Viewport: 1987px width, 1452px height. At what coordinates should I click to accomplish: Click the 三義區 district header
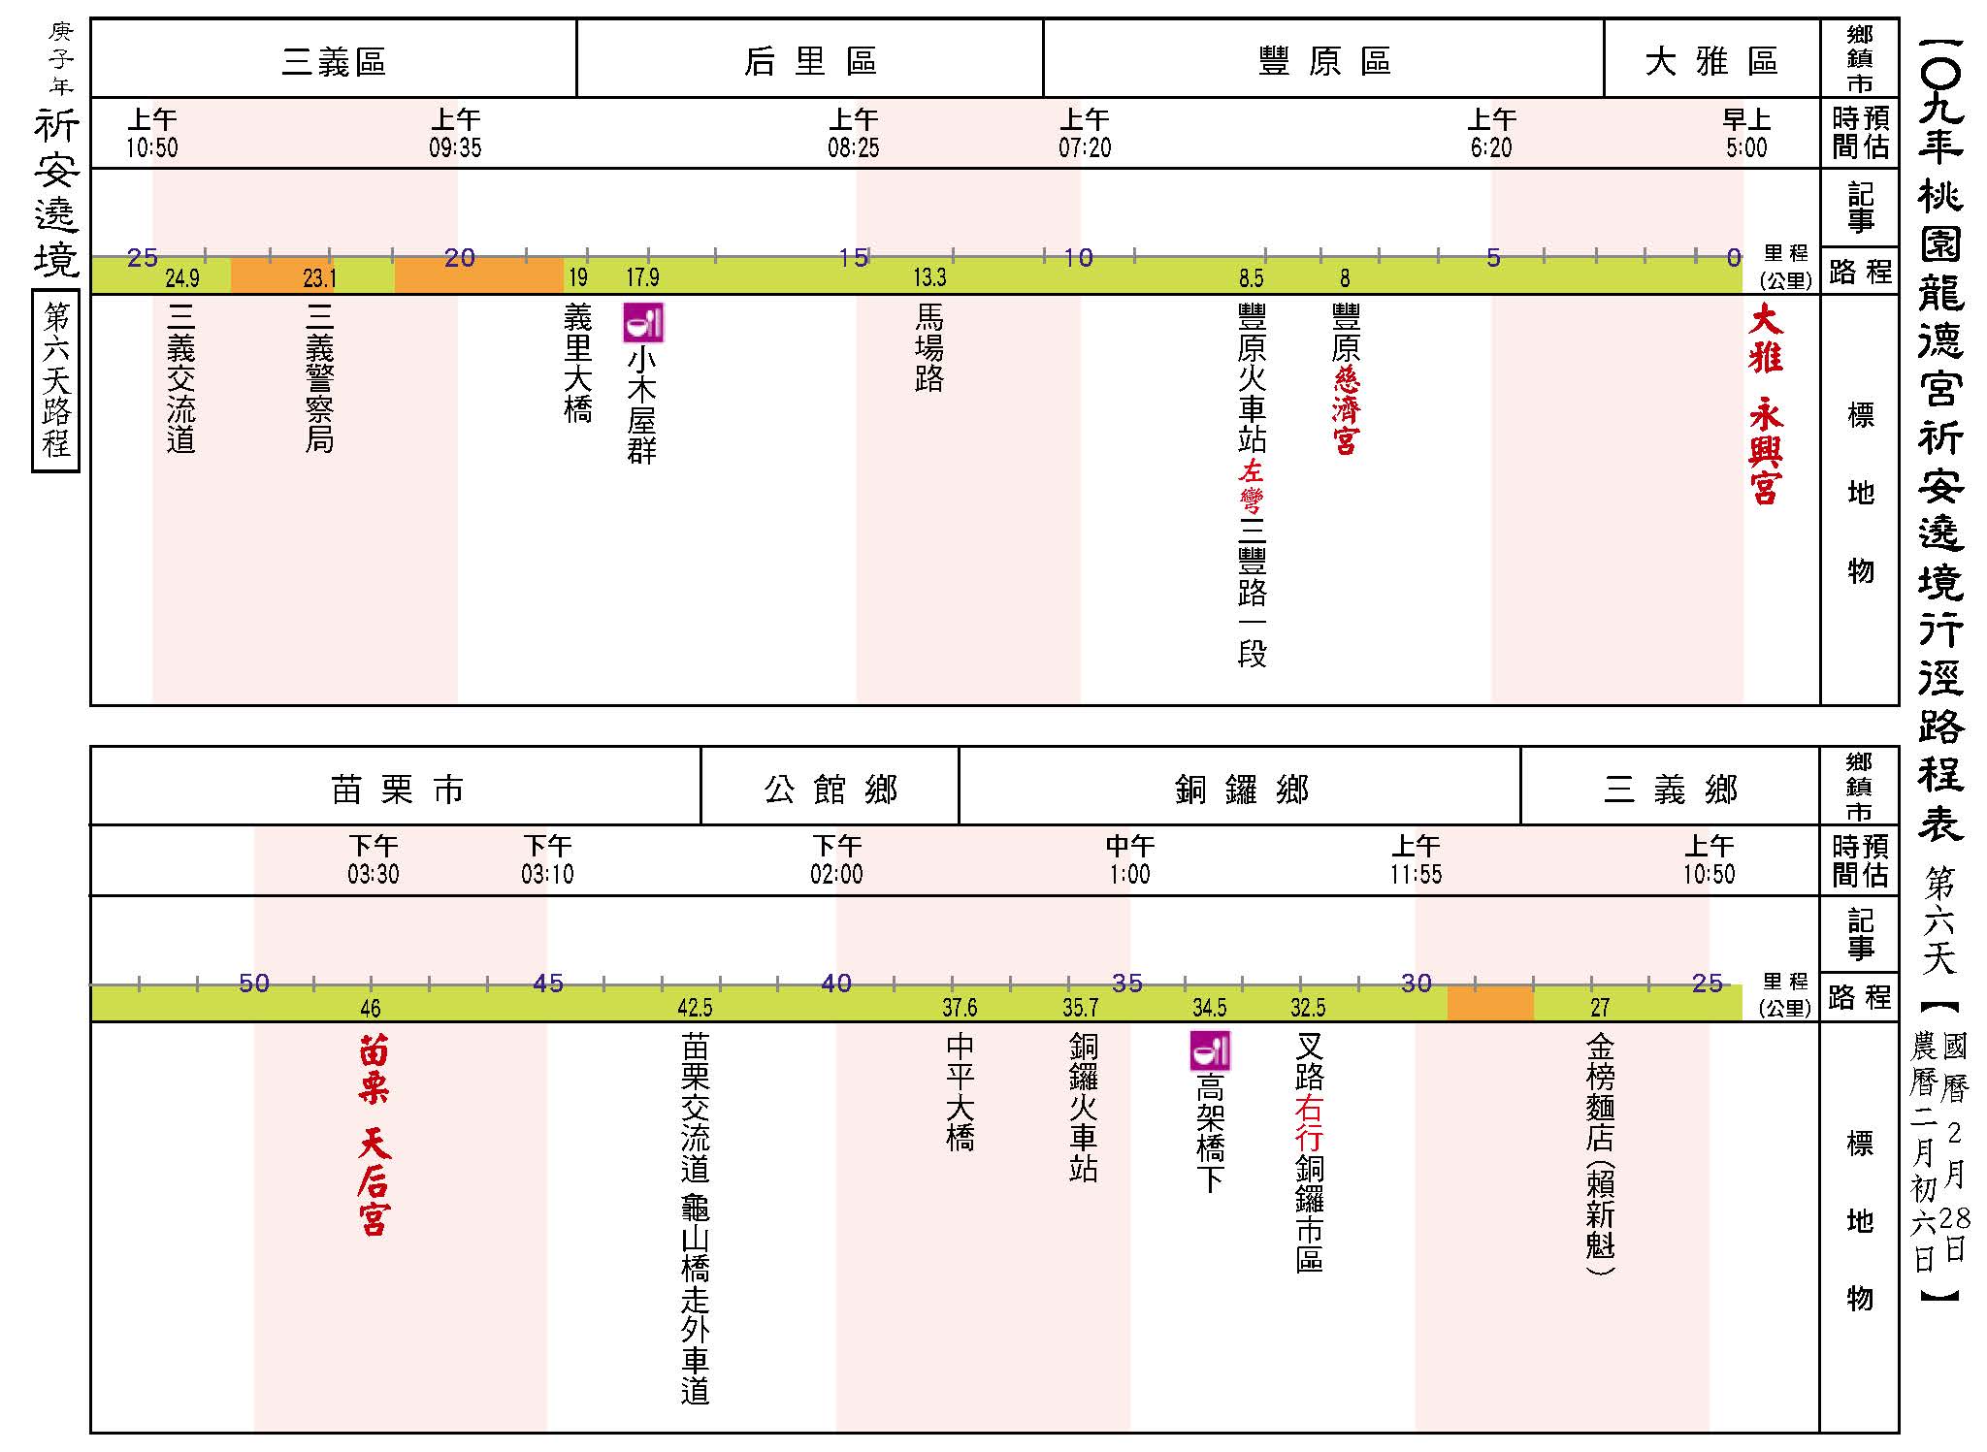(334, 62)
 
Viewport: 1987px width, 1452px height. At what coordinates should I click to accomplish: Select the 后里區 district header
(810, 62)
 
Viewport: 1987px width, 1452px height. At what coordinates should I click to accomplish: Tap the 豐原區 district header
(1323, 62)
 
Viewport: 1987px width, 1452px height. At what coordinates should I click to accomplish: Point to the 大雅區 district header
(1711, 62)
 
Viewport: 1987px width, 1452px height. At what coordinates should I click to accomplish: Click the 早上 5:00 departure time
(1746, 134)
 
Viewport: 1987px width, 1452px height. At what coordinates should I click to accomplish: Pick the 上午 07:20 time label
(1085, 134)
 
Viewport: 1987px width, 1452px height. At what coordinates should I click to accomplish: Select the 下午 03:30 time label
(374, 860)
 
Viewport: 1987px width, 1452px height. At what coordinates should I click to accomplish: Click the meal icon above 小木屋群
(642, 323)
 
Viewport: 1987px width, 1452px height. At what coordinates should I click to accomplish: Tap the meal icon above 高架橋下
(1210, 1050)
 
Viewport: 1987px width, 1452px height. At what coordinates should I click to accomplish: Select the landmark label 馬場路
(928, 348)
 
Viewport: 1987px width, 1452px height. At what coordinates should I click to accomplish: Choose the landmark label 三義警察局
(319, 378)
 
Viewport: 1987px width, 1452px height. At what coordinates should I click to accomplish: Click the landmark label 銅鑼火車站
(1083, 1108)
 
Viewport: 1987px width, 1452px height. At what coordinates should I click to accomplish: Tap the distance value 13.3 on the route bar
(928, 278)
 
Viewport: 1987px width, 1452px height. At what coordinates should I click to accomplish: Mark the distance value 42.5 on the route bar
(695, 1008)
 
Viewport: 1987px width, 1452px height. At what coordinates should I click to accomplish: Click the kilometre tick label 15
(853, 257)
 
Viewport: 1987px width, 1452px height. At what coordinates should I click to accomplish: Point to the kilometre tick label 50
(254, 984)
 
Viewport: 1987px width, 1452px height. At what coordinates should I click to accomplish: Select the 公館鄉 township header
(831, 790)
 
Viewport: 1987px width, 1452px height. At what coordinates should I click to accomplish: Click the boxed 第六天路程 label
(55, 380)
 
